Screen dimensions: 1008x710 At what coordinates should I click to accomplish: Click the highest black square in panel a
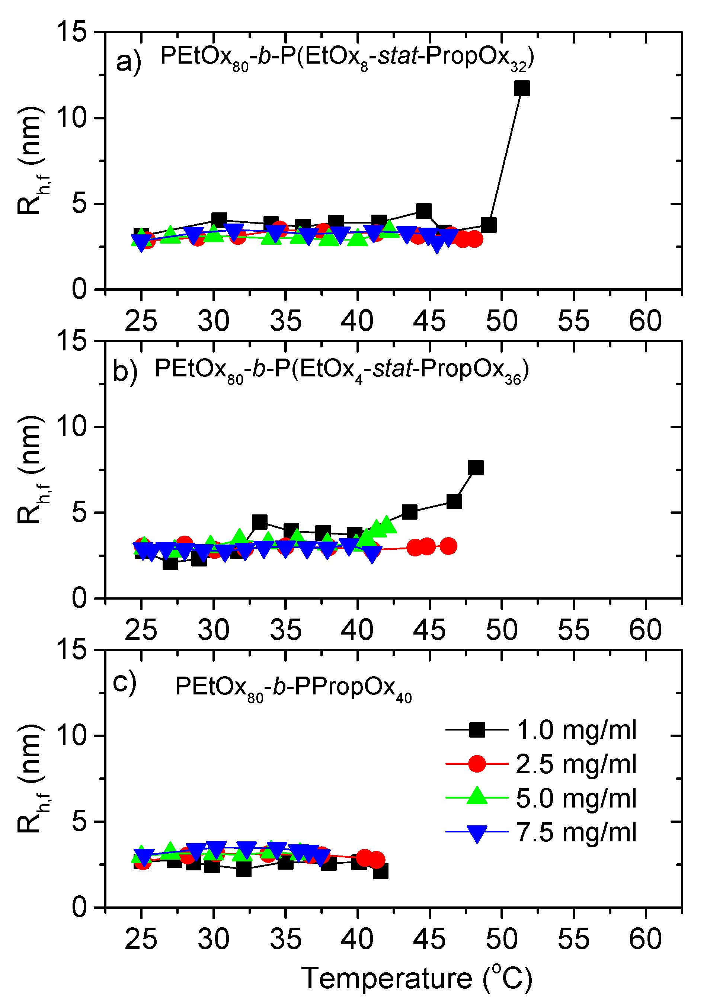pyautogui.click(x=522, y=88)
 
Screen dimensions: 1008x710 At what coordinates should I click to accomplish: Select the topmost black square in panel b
pyautogui.click(x=476, y=468)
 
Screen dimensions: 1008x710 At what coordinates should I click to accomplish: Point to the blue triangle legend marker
pyautogui.click(x=477, y=833)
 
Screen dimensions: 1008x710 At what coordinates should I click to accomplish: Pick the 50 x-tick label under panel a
pyautogui.click(x=502, y=321)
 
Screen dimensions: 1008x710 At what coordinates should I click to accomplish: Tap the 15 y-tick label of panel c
pyautogui.click(x=72, y=650)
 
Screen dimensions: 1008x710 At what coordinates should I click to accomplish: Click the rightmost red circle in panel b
pyautogui.click(x=448, y=546)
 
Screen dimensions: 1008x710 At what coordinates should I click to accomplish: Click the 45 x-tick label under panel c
pyautogui.click(x=429, y=940)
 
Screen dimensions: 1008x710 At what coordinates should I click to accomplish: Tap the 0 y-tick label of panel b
pyautogui.click(x=80, y=598)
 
